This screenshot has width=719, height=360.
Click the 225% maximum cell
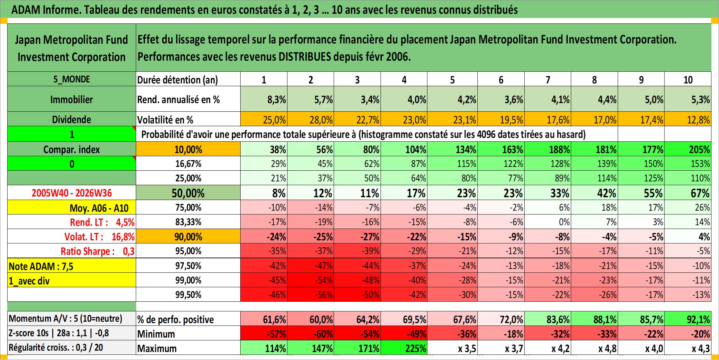404,348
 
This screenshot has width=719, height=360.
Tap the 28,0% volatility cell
311,119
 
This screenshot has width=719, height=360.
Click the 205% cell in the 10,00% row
688,149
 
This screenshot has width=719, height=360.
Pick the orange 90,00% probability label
188,237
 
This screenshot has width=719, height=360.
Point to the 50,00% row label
188,193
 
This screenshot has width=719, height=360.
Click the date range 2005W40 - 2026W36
72,193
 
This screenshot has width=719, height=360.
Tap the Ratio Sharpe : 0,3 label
98,251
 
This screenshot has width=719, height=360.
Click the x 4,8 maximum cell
594,348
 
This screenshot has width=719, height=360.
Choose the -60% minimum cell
311,333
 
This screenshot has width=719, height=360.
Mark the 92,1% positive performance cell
688,319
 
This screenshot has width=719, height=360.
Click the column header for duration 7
548,79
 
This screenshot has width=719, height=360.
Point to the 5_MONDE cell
72,79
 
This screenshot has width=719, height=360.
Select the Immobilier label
72,99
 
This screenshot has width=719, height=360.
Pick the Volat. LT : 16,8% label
99,237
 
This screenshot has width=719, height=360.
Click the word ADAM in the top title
26,9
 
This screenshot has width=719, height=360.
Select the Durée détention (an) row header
178,80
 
